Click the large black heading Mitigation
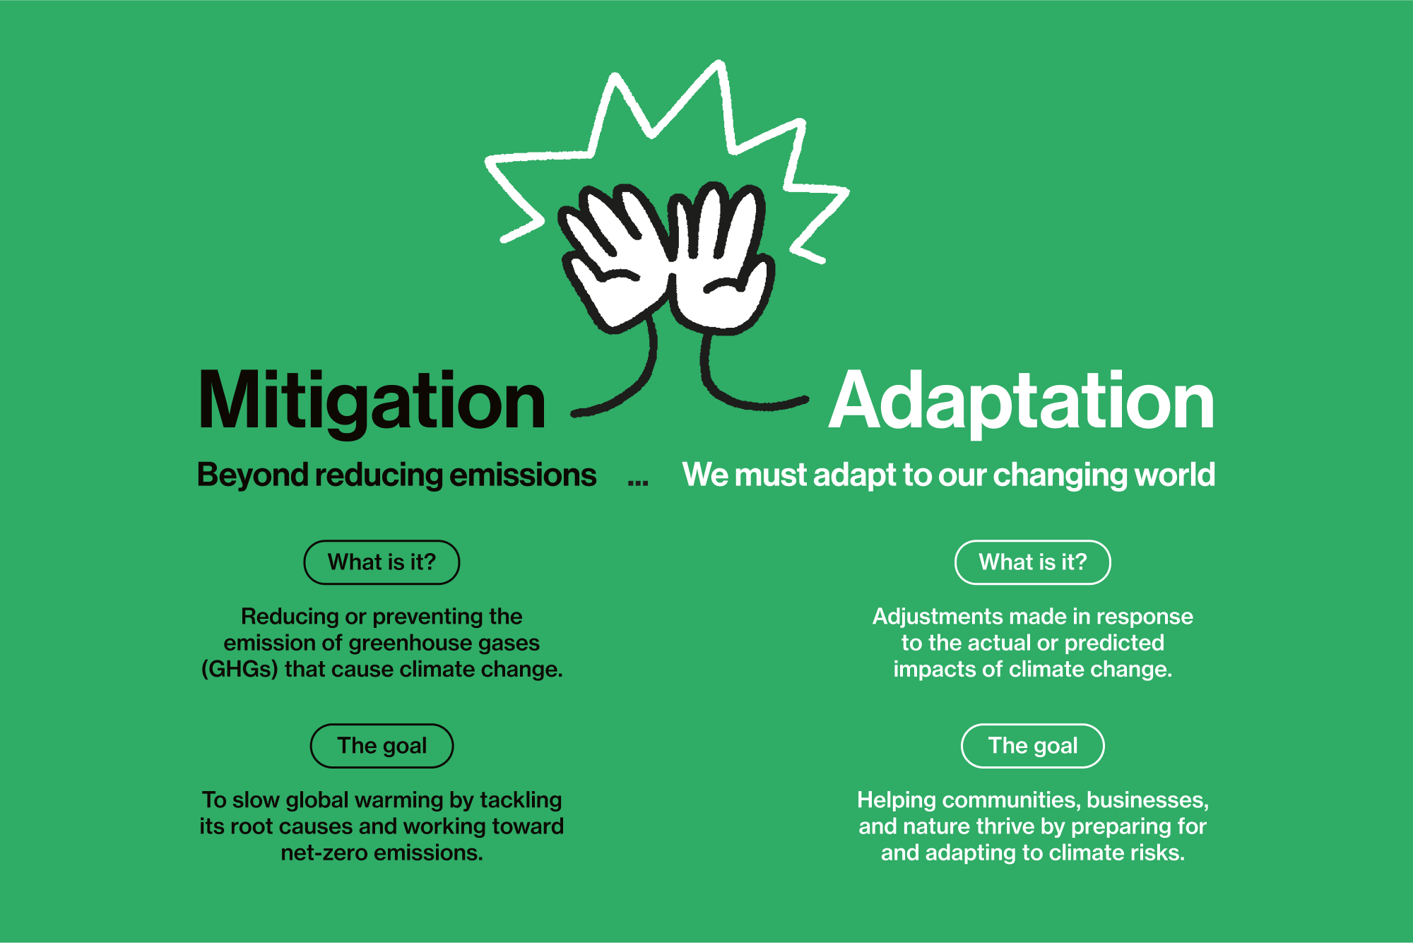(372, 401)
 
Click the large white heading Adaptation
(1022, 401)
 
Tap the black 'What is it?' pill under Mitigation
(382, 562)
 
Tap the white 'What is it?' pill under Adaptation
(1032, 562)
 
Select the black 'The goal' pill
(382, 746)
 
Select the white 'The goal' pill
(1032, 746)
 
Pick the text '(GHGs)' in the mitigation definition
(240, 669)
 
